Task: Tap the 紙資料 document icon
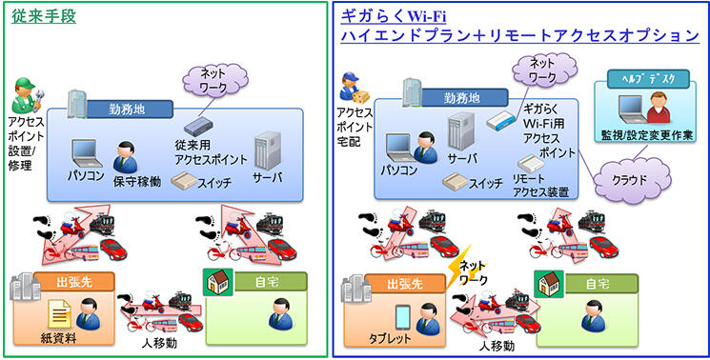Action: click(57, 311)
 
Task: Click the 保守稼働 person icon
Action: click(125, 155)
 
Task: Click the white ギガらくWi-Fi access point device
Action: click(498, 122)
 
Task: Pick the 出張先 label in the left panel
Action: click(73, 282)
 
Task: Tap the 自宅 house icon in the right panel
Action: click(547, 283)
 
